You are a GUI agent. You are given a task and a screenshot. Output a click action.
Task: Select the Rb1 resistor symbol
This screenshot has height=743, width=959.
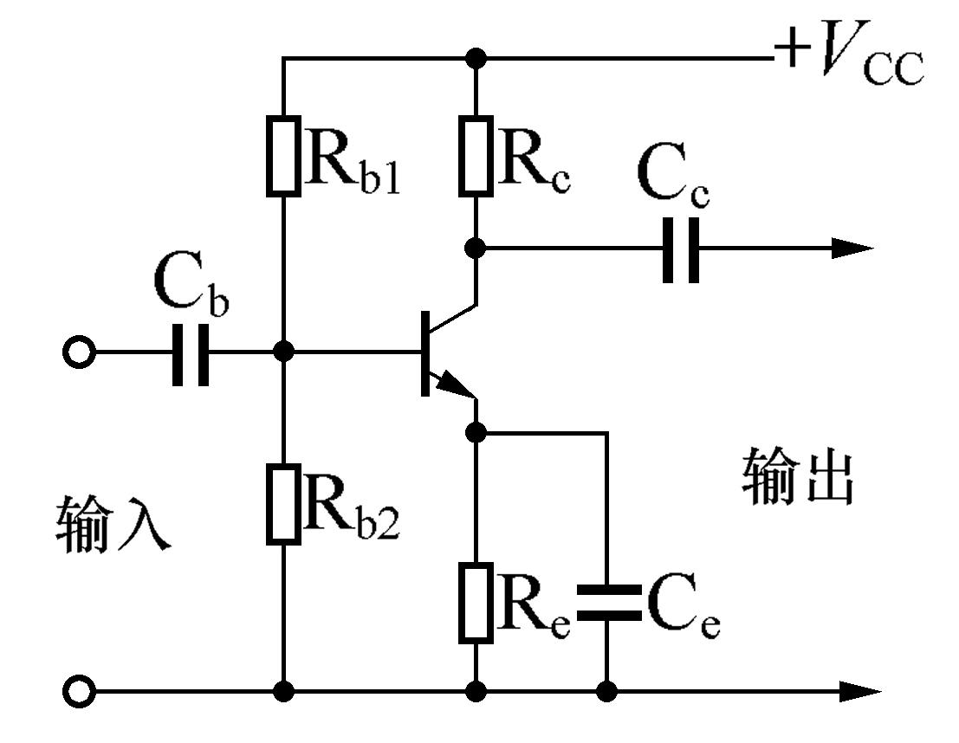283,154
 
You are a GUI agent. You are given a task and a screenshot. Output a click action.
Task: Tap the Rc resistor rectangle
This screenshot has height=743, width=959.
476,154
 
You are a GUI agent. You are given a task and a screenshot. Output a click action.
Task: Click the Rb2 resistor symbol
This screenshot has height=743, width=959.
283,503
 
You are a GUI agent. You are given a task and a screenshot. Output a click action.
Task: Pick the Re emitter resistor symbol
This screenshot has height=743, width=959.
476,602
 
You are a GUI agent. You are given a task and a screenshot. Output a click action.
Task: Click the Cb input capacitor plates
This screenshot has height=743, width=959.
190,352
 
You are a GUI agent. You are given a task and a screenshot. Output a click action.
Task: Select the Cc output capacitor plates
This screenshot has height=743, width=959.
681,249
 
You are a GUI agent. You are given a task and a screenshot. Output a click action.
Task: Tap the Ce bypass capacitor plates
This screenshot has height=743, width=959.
607,602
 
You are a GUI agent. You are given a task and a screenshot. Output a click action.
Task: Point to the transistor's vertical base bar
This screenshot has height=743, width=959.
425,352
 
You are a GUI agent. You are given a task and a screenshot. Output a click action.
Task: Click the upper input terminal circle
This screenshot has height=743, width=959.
78,352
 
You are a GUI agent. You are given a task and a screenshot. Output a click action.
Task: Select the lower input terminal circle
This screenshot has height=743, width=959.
78,692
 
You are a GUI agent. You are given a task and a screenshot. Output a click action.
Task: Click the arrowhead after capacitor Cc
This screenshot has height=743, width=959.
852,249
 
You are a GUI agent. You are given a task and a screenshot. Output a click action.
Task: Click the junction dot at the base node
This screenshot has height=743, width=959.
283,352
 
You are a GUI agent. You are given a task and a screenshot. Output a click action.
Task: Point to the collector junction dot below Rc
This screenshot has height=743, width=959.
476,249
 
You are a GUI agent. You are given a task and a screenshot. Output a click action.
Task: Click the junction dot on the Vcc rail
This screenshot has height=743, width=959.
476,59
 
